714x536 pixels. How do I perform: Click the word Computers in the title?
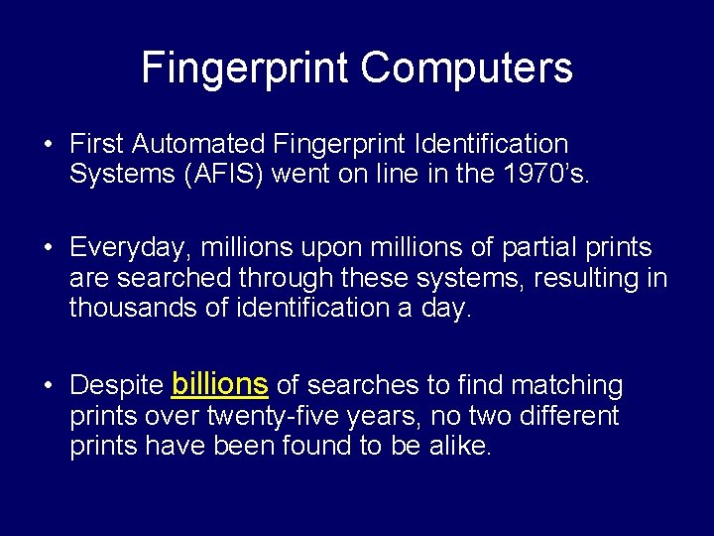467,68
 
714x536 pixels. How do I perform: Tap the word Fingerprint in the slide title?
246,68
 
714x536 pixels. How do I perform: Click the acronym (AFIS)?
237,175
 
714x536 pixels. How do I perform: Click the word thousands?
137,308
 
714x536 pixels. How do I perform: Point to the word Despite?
116,385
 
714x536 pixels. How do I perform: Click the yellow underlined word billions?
220,383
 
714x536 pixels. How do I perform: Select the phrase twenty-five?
274,416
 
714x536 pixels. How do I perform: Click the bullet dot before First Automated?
47,146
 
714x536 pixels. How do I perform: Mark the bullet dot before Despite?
47,386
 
